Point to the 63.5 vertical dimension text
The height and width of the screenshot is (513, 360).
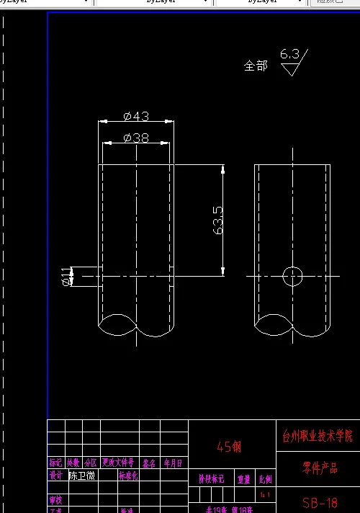pos(217,220)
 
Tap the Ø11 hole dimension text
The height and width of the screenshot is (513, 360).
pos(66,276)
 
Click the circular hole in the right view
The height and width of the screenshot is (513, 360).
pos(293,276)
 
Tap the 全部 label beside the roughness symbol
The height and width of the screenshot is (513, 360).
pos(256,66)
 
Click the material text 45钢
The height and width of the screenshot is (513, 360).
pos(228,447)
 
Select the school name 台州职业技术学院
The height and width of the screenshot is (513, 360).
pos(318,436)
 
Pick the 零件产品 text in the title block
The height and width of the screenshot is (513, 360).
pos(319,468)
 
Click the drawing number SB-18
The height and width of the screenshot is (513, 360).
pos(320,501)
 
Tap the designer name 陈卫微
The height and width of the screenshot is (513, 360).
pos(81,476)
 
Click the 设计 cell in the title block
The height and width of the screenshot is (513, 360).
pos(55,476)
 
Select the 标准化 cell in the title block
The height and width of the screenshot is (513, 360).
pos(128,476)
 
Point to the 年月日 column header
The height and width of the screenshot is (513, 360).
pos(173,463)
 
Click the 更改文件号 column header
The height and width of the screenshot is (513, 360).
pos(118,463)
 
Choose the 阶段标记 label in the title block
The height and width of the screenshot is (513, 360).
pos(211,478)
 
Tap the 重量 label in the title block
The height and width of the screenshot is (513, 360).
pos(244,478)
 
